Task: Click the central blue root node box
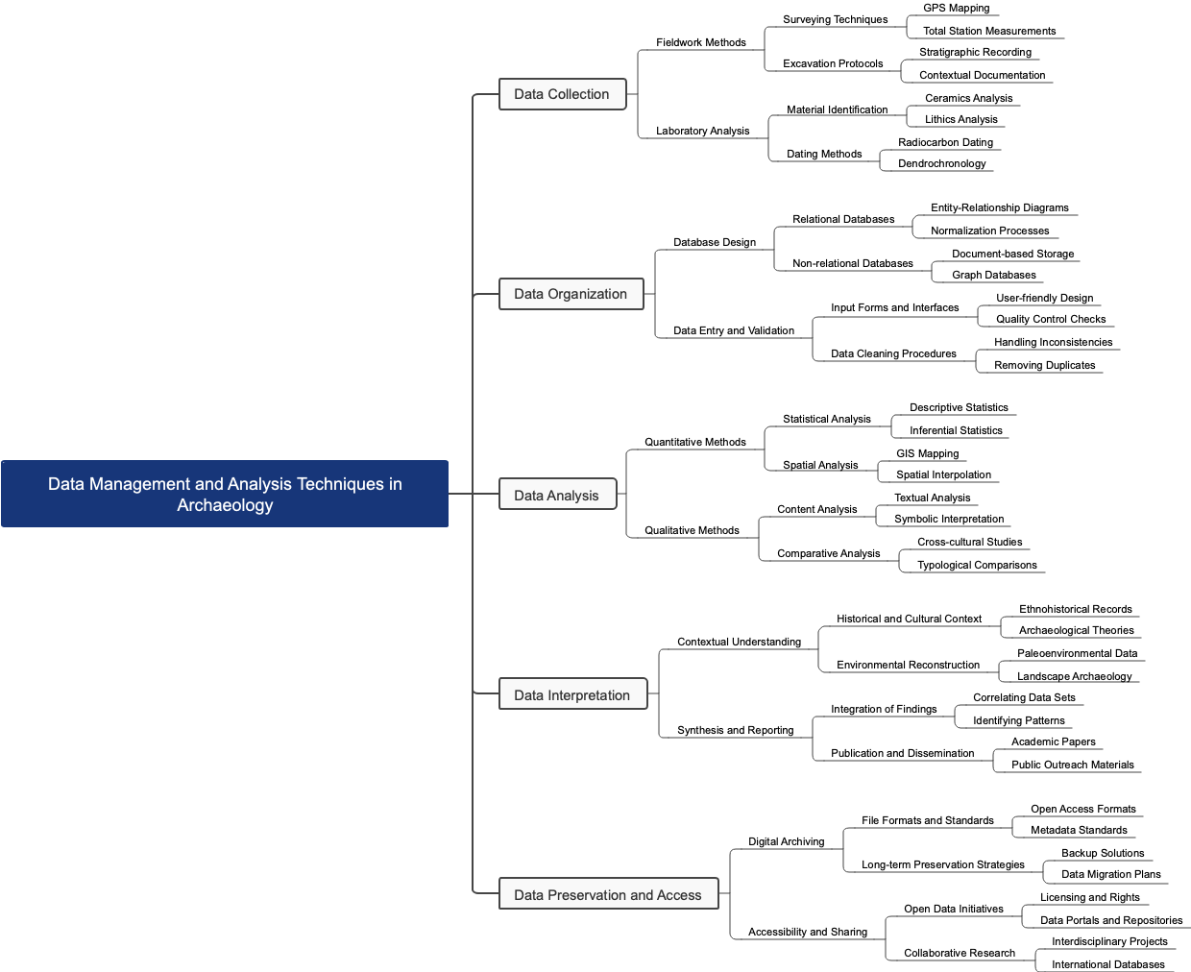click(225, 494)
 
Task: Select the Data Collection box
click(562, 94)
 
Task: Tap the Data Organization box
click(571, 294)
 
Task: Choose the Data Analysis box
click(557, 496)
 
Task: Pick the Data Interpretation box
click(572, 695)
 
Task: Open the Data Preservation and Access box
click(608, 895)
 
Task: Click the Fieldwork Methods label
click(701, 42)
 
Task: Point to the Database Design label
click(715, 242)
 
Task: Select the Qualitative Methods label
click(692, 530)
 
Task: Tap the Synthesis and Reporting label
click(736, 730)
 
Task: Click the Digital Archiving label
click(787, 841)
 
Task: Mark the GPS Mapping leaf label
click(957, 8)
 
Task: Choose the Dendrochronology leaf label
click(942, 163)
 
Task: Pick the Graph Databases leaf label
click(994, 275)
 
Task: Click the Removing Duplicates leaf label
click(1045, 365)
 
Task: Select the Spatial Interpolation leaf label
click(944, 474)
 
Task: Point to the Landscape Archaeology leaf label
click(1075, 676)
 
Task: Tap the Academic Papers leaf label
click(1054, 741)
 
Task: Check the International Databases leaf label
click(1108, 964)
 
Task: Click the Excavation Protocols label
click(833, 63)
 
